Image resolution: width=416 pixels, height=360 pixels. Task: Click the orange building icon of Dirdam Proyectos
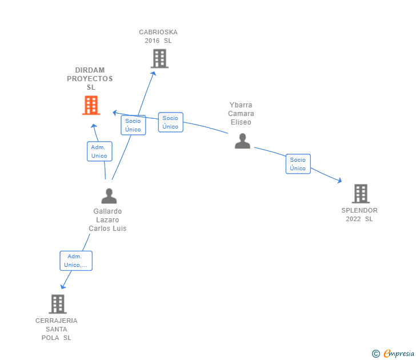pos(91,105)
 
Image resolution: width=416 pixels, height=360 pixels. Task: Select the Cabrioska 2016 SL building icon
pos(159,58)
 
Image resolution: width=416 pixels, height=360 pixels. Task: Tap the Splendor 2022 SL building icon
pos(361,194)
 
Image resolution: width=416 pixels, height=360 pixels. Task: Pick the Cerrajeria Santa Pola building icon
pos(57,304)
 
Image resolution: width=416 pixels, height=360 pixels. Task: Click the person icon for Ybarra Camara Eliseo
pos(242,141)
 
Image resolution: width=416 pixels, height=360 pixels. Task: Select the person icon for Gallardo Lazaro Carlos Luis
pos(109,196)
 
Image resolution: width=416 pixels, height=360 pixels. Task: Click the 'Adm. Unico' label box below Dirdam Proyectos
pos(99,151)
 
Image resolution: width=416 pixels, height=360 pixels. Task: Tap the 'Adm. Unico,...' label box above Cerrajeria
pos(76,261)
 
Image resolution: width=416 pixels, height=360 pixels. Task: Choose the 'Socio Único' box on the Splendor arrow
pos(298,164)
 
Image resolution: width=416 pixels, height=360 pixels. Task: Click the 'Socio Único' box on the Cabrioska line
pos(133,125)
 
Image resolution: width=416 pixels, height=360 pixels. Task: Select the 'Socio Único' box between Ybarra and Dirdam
pos(170,122)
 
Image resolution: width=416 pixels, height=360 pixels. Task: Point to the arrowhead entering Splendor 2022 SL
pos(339,181)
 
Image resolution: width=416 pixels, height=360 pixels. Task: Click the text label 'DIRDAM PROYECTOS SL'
pos(90,79)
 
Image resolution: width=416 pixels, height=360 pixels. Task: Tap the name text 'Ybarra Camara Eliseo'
pos(241,114)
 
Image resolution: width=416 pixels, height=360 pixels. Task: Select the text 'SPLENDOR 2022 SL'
pos(359,214)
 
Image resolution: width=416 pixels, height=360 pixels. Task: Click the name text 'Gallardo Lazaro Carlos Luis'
pos(107,220)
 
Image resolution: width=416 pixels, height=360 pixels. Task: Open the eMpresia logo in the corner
pos(399,354)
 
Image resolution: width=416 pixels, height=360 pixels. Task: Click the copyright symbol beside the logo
pos(375,354)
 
